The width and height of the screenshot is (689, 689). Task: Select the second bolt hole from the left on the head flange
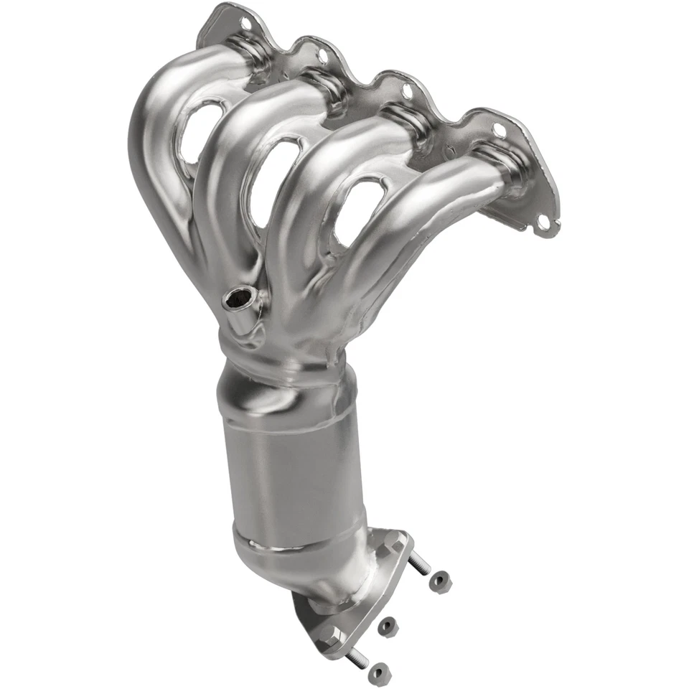tap(322, 54)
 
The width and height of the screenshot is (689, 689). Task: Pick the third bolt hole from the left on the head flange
tap(408, 91)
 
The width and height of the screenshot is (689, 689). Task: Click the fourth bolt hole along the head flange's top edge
tap(498, 129)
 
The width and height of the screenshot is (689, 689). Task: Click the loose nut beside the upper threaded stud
tap(439, 582)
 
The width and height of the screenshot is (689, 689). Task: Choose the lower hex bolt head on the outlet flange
tap(332, 634)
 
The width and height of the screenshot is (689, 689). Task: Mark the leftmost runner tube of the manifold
tap(161, 144)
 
